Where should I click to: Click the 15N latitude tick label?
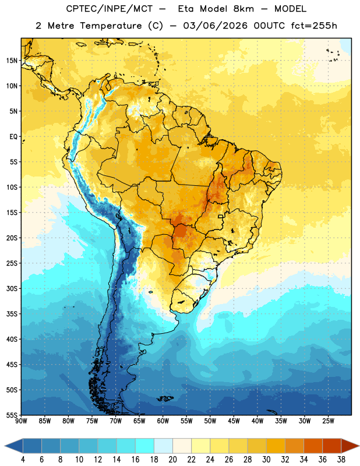12,61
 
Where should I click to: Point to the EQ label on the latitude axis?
13,137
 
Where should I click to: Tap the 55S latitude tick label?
12,415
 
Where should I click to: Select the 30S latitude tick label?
12,288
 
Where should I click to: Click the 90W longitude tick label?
21,421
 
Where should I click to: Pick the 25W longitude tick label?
328,421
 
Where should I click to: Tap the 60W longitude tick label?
163,421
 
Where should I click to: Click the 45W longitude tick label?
234,421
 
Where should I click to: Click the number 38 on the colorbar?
341,460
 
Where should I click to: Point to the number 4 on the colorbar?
23,460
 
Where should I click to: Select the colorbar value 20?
172,460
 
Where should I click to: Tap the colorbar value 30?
266,460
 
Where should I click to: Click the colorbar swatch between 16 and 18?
145,446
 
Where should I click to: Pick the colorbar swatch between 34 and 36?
313,446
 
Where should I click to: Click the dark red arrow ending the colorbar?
350,446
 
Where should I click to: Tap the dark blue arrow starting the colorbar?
13,446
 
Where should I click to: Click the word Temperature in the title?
111,26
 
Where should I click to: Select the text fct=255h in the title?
314,26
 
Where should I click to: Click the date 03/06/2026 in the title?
215,26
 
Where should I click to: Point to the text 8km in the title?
243,9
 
